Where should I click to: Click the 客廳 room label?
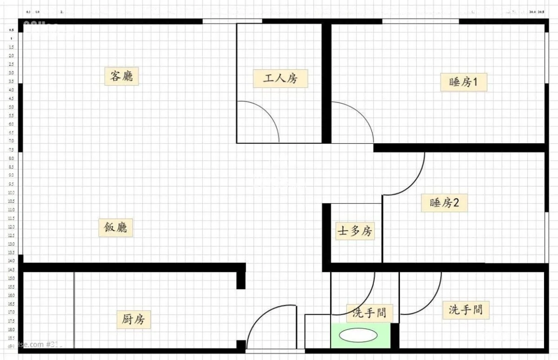121,76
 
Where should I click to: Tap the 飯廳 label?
116,228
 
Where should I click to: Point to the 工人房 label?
280,78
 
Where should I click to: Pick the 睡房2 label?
445,203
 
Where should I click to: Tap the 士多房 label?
355,231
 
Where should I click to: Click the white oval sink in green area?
358,335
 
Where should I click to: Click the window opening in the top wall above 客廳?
232,21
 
